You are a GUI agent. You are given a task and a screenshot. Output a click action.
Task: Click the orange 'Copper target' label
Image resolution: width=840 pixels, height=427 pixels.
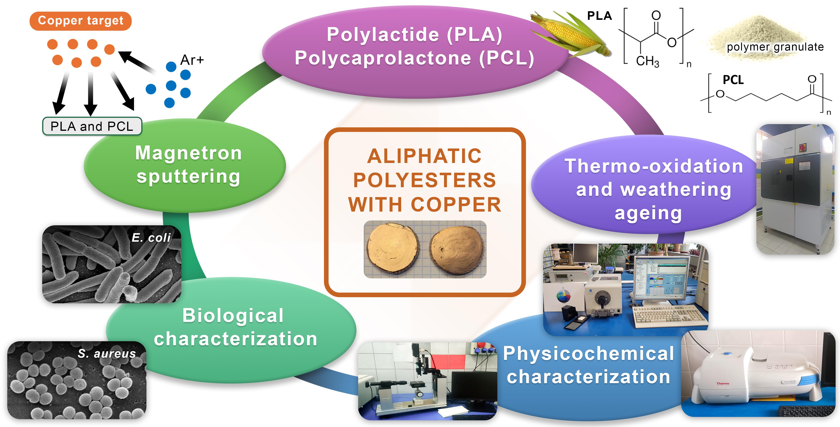point(81,21)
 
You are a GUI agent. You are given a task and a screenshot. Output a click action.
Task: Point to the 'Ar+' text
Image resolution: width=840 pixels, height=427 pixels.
point(192,60)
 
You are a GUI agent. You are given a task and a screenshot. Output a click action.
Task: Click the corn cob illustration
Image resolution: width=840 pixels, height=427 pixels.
point(571,34)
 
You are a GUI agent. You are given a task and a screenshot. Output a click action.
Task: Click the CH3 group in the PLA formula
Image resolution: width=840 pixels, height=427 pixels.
point(647,61)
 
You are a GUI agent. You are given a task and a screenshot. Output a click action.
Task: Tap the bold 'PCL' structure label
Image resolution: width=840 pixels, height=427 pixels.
point(733,80)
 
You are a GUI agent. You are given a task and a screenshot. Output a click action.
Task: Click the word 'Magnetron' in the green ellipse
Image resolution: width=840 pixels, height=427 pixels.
point(188,153)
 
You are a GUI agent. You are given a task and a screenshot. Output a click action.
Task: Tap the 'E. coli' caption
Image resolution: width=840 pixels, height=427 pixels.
point(151,238)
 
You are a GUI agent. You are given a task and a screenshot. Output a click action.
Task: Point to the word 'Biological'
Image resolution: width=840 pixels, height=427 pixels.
point(233,316)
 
